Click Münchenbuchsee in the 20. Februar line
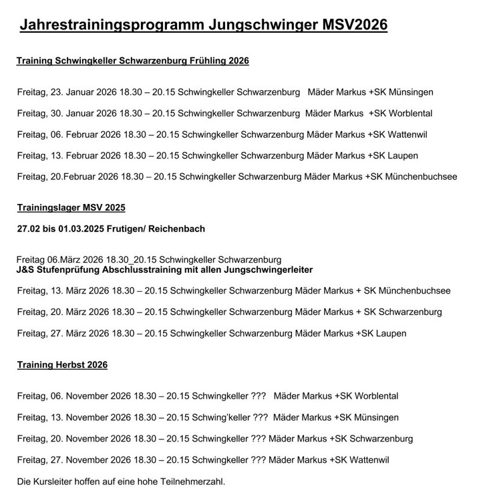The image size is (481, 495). point(419,177)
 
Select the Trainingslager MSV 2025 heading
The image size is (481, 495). point(71,207)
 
